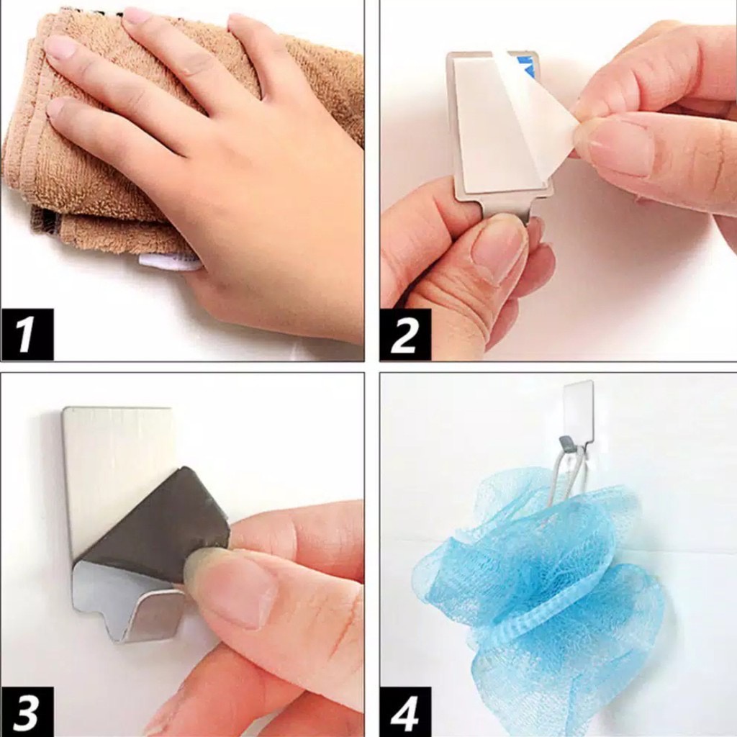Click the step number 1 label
coord(27,334)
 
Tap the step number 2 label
coord(405,334)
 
